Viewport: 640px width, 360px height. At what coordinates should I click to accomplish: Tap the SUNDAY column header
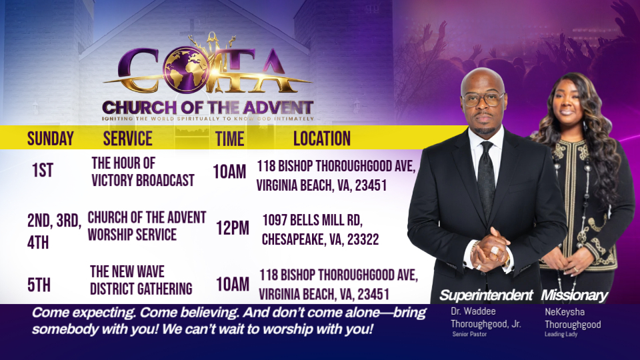tap(51, 139)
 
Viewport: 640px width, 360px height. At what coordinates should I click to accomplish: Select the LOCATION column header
tap(322, 139)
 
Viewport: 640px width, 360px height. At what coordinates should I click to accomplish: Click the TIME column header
tap(230, 139)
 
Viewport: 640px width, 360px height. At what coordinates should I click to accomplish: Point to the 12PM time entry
tap(233, 228)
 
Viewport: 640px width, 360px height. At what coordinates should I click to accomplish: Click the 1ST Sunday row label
tap(43, 170)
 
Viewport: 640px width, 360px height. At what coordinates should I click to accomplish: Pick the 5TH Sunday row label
tap(39, 285)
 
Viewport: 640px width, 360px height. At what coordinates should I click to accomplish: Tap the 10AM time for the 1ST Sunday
tap(229, 171)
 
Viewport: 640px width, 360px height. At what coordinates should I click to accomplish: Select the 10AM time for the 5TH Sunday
tap(233, 284)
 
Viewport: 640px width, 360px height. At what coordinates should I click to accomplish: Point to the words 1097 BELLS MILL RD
tap(312, 221)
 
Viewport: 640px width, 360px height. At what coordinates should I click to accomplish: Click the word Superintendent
tap(486, 295)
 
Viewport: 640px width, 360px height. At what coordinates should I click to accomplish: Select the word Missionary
tap(574, 295)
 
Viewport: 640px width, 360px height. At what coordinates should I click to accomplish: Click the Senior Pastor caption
tap(469, 334)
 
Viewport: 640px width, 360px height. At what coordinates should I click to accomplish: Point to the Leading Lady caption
tap(561, 334)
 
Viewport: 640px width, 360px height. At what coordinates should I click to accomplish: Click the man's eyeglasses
tap(483, 99)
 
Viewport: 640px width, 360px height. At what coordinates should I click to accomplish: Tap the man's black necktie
tap(486, 179)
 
